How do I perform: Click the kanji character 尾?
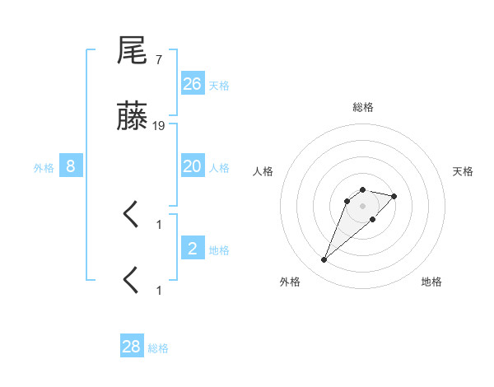133,52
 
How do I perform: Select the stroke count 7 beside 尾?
158,59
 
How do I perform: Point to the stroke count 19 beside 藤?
159,126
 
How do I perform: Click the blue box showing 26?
193,83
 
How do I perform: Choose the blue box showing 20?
193,166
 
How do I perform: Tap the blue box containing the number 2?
193,249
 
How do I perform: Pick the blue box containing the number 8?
71,166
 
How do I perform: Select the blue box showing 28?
132,347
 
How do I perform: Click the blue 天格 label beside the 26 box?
219,86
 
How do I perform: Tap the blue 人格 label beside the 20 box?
219,168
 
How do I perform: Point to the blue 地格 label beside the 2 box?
219,250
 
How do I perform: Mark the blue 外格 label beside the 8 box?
44,168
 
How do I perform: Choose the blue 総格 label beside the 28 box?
158,348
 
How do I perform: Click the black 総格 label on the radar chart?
362,107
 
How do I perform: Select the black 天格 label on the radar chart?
463,171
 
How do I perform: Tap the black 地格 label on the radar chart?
431,282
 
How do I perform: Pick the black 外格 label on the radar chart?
290,282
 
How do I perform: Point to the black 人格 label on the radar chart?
263,171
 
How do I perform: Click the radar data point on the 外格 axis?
324,260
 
